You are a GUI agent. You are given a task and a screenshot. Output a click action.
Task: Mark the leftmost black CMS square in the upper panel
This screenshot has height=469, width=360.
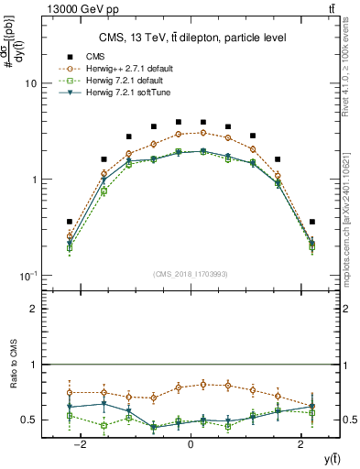point(70,222)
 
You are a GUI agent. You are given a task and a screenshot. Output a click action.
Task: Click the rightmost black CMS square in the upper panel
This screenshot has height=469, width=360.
point(312,222)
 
